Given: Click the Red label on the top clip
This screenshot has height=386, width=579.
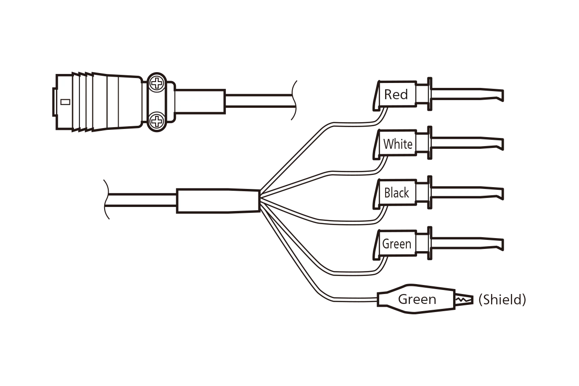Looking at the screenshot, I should click(x=396, y=95).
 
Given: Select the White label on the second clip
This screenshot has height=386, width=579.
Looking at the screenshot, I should click(x=398, y=144).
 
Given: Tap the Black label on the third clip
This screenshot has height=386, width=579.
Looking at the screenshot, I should click(x=397, y=193).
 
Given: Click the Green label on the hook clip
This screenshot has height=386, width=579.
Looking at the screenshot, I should click(x=397, y=244).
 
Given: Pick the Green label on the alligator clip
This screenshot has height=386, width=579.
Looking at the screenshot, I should click(x=417, y=299).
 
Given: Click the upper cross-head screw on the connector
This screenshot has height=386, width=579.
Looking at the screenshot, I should click(x=156, y=83).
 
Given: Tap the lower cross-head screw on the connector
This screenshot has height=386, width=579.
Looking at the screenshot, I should click(x=156, y=120).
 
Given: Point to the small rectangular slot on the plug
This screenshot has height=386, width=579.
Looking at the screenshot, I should click(x=65, y=102).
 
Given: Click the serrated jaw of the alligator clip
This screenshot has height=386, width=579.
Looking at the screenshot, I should click(x=463, y=299).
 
